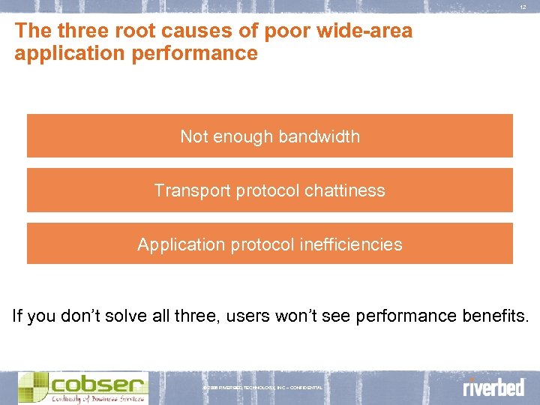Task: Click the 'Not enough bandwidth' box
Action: (x=270, y=136)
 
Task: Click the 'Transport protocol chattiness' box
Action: (x=270, y=190)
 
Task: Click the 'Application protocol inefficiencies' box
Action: (x=270, y=244)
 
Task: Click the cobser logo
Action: (x=82, y=387)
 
